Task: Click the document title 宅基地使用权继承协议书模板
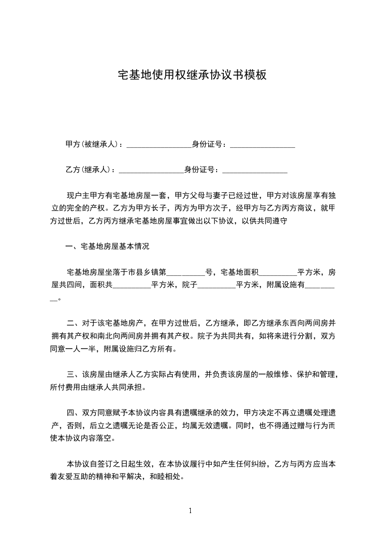click(x=192, y=75)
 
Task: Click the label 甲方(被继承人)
click(x=93, y=144)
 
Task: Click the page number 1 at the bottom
click(x=190, y=511)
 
